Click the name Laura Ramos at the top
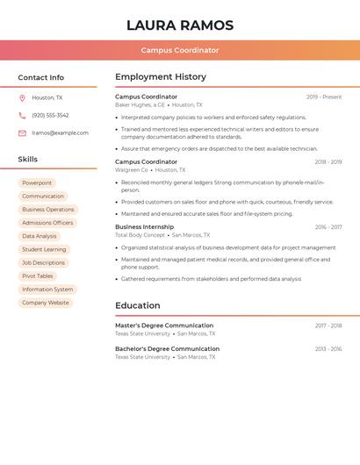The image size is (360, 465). [180, 25]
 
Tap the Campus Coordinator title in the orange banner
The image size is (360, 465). [180, 50]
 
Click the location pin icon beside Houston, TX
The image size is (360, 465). [22, 98]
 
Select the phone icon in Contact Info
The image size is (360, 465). [22, 116]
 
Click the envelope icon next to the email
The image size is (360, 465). [22, 133]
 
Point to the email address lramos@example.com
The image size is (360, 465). [60, 133]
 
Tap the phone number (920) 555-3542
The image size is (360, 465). [50, 116]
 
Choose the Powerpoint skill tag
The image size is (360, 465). [37, 183]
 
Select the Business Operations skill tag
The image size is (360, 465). [48, 210]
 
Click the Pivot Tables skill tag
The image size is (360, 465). [38, 275]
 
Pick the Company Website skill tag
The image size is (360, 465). [46, 303]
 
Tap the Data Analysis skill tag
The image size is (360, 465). [40, 236]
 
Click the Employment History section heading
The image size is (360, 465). [161, 77]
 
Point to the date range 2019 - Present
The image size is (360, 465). [324, 97]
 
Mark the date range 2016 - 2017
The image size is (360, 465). [328, 227]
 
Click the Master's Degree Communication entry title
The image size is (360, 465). [164, 325]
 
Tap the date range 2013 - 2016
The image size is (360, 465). [328, 349]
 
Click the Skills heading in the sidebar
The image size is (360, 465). [28, 160]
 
